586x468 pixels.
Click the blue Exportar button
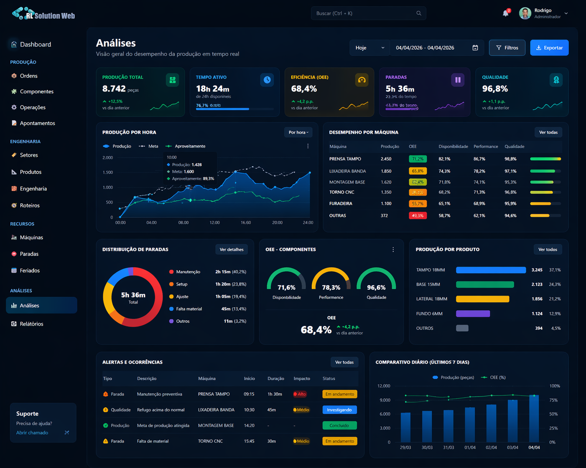[x=549, y=48]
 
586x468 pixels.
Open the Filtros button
[x=507, y=48]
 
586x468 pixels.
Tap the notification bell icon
[x=506, y=13]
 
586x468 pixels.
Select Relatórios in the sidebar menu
[x=31, y=324]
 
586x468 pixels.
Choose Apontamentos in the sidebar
[x=37, y=123]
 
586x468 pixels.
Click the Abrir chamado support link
[x=32, y=433]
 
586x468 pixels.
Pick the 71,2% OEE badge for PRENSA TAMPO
[x=418, y=159]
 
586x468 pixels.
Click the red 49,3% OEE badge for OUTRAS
[x=418, y=216]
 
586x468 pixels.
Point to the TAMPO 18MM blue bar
[x=491, y=270]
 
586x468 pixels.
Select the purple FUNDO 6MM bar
[x=473, y=314]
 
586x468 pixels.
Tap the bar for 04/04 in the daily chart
[x=534, y=418]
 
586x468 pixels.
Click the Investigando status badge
[x=339, y=410]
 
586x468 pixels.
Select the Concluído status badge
[x=339, y=425]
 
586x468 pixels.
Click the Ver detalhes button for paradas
[x=231, y=250]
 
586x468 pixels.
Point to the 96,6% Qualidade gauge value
[x=376, y=288]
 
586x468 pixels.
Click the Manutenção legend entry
[x=188, y=272]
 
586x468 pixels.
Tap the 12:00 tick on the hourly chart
[x=214, y=223]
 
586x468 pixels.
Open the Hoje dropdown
[x=369, y=48]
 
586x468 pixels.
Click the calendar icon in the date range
[x=475, y=48]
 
